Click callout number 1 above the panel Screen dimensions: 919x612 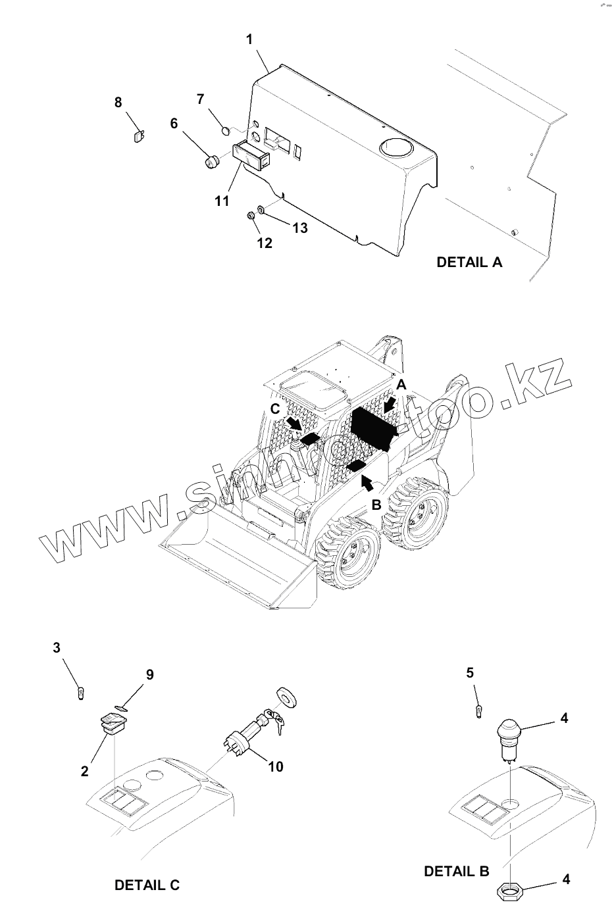249,39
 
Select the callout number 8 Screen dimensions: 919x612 118,102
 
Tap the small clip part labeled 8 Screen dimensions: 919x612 138,136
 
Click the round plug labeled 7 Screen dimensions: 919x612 224,130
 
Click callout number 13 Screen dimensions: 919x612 299,228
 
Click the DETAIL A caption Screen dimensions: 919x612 469,262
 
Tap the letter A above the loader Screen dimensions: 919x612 401,384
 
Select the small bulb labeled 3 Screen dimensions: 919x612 80,693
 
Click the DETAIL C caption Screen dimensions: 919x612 147,885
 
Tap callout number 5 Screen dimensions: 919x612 470,672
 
